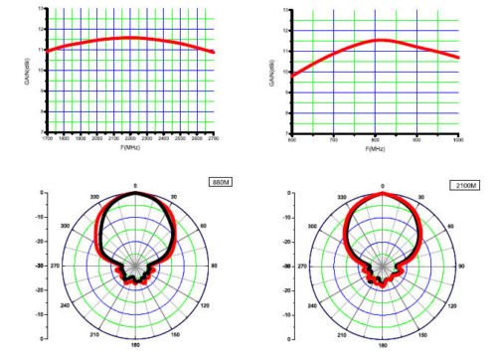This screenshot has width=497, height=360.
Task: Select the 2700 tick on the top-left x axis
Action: click(x=213, y=139)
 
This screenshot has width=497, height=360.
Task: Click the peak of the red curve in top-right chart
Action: click(x=379, y=40)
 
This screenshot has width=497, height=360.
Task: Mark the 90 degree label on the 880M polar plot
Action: click(x=216, y=267)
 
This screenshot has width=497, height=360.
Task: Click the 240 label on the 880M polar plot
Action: click(x=66, y=307)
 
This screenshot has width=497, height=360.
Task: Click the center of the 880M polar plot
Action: click(x=135, y=267)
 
